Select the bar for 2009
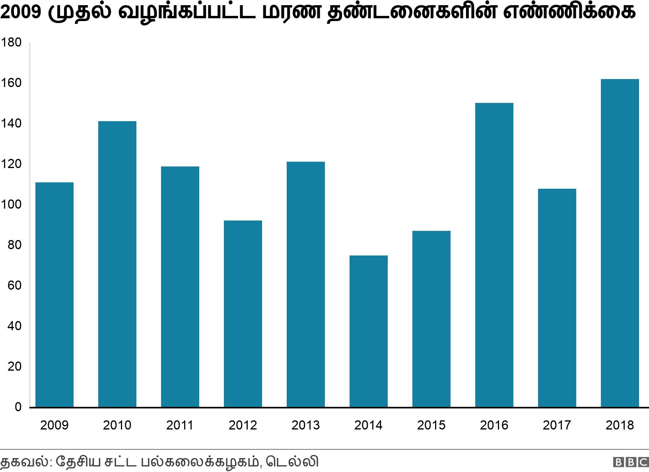[54, 295]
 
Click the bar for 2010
[117, 264]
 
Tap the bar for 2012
[243, 314]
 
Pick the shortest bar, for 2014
[369, 331]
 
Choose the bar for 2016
[494, 255]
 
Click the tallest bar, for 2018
[620, 243]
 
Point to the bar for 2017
[557, 298]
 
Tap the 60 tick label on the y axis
[14, 286]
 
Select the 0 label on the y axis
[17, 407]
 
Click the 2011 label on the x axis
[180, 426]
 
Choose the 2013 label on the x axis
[305, 426]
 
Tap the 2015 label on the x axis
[431, 426]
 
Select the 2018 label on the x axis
[620, 426]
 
